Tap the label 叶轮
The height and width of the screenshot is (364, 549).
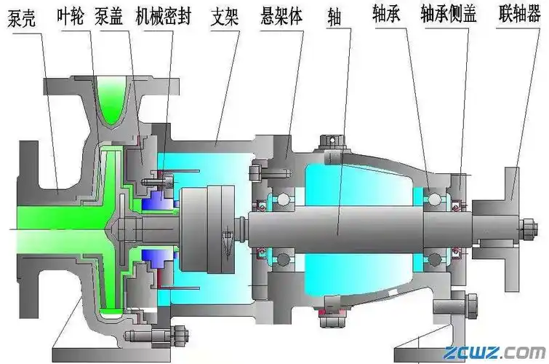[72, 16]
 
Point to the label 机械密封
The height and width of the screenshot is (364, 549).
[164, 16]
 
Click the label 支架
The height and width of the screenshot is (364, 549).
[227, 16]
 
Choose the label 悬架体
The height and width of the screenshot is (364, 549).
[281, 16]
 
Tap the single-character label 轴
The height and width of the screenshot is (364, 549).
[334, 17]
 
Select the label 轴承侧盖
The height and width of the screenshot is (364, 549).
[448, 16]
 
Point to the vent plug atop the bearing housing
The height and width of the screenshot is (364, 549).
[329, 141]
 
